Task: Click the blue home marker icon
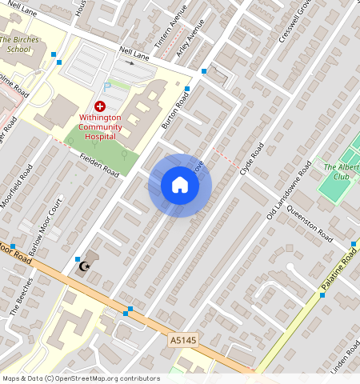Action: click(180, 186)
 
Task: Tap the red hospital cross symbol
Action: click(100, 106)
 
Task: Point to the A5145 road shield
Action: click(183, 341)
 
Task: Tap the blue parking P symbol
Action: click(107, 86)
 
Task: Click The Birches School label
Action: click(14, 44)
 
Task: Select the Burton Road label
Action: click(174, 111)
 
